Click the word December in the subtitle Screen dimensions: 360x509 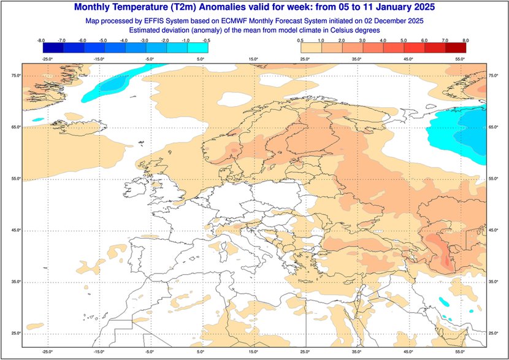click(x=389, y=20)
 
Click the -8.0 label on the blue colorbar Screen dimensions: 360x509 click(x=41, y=40)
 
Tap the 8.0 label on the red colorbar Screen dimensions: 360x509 click(x=465, y=40)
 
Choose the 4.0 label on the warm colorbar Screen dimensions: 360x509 click(x=383, y=40)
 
